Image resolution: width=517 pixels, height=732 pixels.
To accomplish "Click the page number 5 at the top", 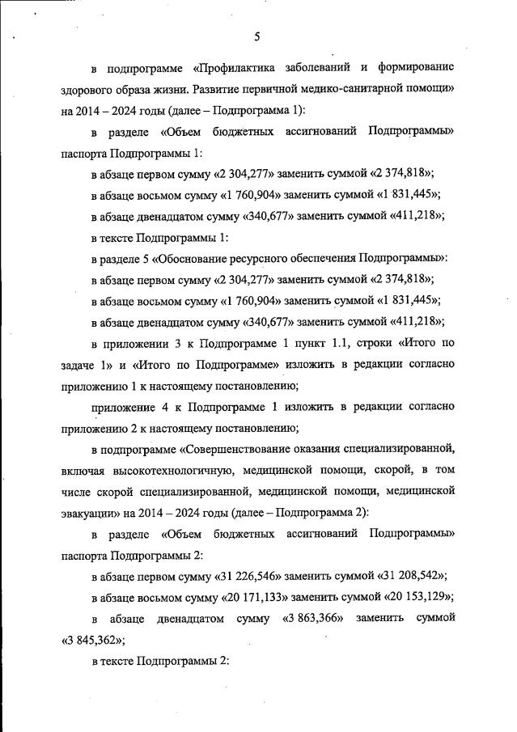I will (256, 36).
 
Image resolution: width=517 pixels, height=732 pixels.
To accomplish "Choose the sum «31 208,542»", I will (413, 577).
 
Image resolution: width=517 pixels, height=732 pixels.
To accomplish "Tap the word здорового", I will (87, 87).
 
